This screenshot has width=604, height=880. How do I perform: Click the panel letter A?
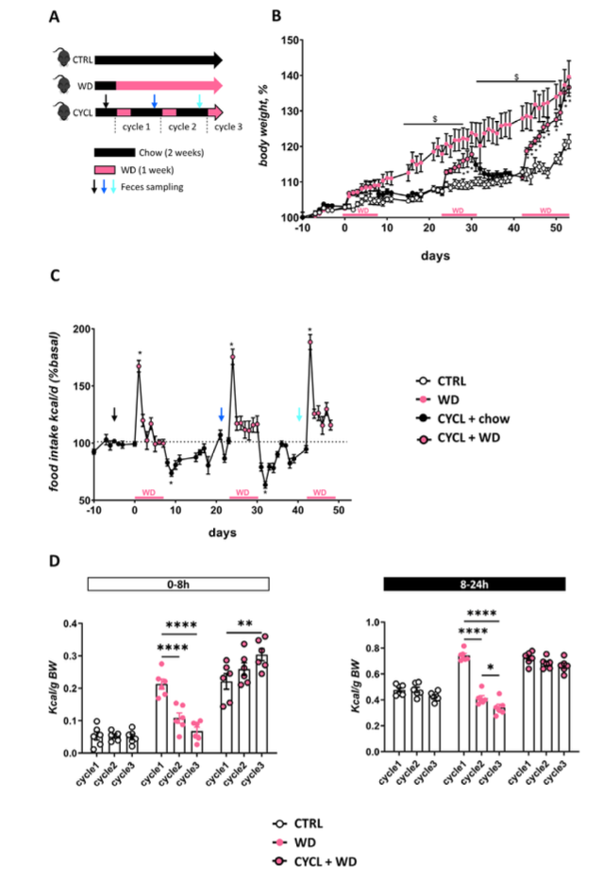(x=55, y=16)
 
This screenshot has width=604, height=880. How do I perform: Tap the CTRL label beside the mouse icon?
(x=81, y=60)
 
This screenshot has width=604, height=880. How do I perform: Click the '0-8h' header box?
(x=179, y=585)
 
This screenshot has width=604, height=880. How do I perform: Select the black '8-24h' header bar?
(x=474, y=585)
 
